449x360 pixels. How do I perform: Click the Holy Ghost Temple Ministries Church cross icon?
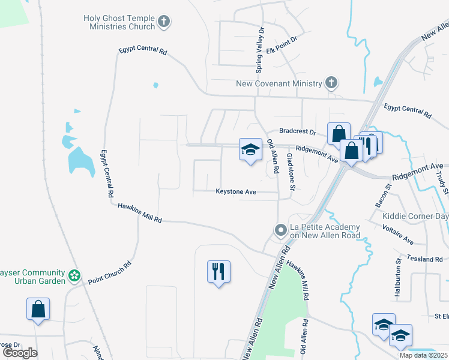163,23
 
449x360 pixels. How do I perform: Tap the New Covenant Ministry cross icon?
331,83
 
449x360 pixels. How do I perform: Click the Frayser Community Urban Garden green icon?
74,275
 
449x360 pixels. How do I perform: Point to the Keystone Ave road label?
236,192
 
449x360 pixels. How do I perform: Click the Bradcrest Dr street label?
297,131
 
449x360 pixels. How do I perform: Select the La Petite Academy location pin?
280,230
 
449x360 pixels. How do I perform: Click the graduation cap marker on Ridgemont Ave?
250,149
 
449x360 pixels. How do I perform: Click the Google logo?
20,352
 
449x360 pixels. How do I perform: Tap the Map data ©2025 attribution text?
424,355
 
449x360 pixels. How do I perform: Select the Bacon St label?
383,196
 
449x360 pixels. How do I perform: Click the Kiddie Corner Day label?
419,216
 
